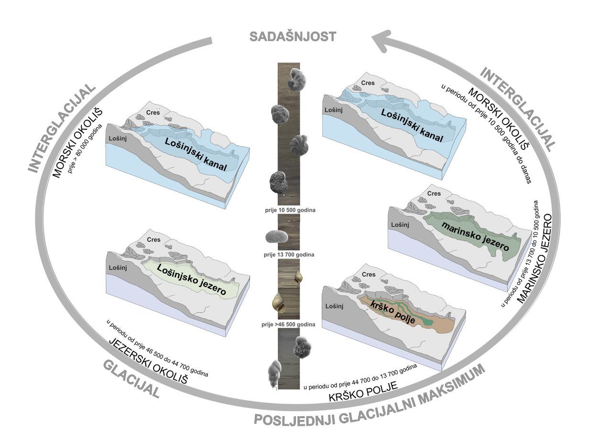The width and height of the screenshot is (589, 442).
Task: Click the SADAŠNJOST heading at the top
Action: tap(293, 37)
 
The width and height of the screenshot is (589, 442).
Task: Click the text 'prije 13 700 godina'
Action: tap(289, 255)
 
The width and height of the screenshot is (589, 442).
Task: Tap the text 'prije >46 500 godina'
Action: tap(288, 324)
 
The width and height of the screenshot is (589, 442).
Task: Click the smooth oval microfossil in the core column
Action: tap(276, 237)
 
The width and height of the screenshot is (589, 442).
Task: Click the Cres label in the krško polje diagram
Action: tap(369, 275)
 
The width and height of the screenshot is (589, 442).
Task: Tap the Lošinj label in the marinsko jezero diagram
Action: tap(400, 225)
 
